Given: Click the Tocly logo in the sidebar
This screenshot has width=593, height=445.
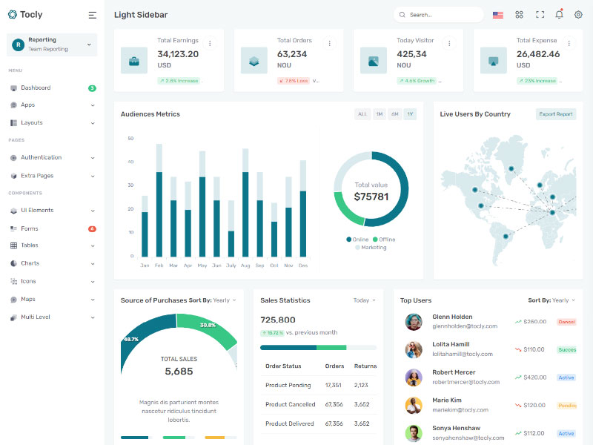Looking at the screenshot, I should click(25, 14).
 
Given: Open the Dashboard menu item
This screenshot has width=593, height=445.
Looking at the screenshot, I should click(36, 88).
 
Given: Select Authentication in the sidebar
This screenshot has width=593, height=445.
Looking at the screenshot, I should click(41, 157).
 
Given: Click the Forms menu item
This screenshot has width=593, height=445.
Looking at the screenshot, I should click(30, 228).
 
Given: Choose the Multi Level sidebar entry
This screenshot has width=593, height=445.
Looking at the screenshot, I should click(36, 317).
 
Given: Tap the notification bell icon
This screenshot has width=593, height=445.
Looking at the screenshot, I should click(559, 14).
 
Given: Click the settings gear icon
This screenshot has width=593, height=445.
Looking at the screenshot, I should click(578, 14).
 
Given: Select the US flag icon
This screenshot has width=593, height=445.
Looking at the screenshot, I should click(498, 15).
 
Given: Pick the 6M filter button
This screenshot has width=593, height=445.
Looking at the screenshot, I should click(395, 114).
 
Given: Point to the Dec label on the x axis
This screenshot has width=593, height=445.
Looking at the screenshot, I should click(303, 265).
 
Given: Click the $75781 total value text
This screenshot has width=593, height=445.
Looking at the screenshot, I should click(371, 197).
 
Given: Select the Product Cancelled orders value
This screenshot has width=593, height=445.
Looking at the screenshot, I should click(334, 404).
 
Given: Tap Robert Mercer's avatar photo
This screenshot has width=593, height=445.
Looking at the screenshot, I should click(414, 377).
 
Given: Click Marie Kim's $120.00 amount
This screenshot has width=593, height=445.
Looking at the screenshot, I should click(534, 405).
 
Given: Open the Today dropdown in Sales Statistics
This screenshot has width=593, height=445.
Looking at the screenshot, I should click(364, 300).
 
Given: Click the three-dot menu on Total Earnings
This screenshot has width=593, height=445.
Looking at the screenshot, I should click(210, 43).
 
